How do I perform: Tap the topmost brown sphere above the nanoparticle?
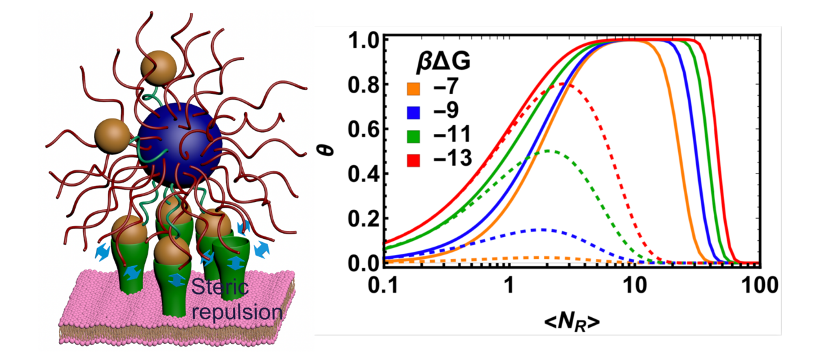[158, 67]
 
